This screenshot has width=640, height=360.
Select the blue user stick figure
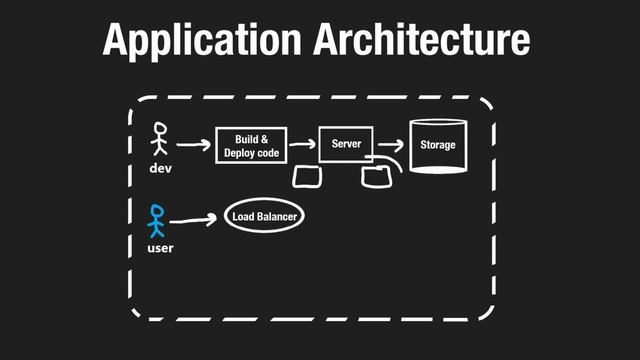[x=156, y=221]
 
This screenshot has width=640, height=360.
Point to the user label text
[x=160, y=246]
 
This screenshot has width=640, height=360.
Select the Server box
[x=345, y=145]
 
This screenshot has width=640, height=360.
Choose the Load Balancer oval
[x=265, y=217]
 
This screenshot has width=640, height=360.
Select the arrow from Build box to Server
[x=300, y=146]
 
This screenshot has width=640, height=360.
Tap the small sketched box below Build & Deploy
[x=308, y=178]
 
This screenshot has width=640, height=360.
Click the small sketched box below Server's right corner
[x=376, y=177]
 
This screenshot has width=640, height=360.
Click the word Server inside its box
[x=345, y=145]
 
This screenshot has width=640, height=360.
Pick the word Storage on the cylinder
[x=437, y=145]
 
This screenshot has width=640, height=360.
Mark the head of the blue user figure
[x=155, y=211]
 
